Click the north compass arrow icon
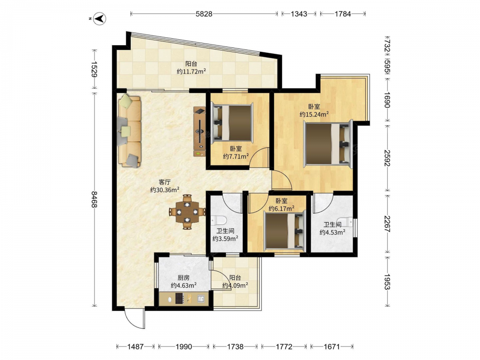point(99,19)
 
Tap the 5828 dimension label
point(204,14)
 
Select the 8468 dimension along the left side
point(94,199)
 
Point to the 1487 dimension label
point(135,347)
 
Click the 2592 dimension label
point(387,158)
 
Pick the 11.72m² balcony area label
point(192,72)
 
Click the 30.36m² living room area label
point(165,190)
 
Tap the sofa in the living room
point(130,131)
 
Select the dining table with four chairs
point(187,212)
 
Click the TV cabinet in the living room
point(200,132)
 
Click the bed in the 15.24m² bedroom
point(328,144)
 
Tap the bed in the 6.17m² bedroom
point(285,230)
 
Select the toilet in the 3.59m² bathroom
point(218,220)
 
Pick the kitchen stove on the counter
point(180,299)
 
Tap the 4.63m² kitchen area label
point(184,286)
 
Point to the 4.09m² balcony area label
point(235,286)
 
